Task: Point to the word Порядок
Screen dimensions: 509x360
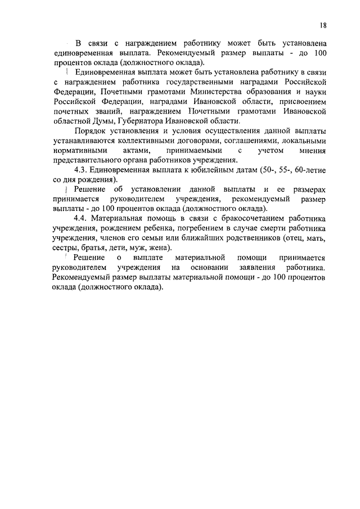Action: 89,131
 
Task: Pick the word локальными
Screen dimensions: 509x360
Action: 303,141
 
